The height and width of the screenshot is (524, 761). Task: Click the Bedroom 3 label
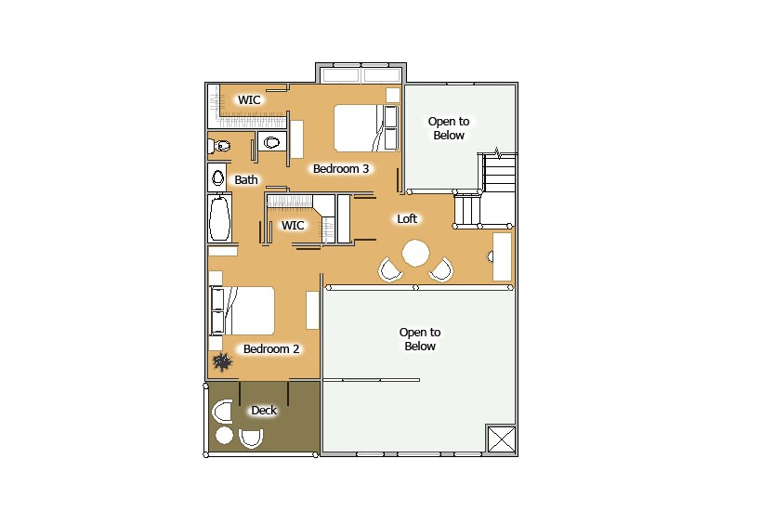pos(341,168)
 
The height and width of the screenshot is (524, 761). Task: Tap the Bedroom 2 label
pos(271,349)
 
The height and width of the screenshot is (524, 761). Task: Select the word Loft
pos(407,219)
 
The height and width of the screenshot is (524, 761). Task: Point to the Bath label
pos(246,179)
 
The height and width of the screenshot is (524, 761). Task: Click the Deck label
pos(264,410)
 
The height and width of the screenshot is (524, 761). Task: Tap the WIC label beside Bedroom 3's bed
pos(249,99)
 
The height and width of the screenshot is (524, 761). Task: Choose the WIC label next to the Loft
pos(293,225)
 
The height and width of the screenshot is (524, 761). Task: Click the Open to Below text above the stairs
pos(448,128)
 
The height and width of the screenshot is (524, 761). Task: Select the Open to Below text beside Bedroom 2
pos(420,339)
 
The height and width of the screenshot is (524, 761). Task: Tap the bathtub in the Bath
pos(219,219)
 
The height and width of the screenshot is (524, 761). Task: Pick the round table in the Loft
pos(414,253)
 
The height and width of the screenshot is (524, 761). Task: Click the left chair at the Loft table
pos(391,269)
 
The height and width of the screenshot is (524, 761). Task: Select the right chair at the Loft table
pos(440,269)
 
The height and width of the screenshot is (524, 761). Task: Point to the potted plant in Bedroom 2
pos(222,360)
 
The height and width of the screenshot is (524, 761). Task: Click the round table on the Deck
pos(224,435)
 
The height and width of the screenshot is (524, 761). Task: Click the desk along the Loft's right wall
pos(501,256)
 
